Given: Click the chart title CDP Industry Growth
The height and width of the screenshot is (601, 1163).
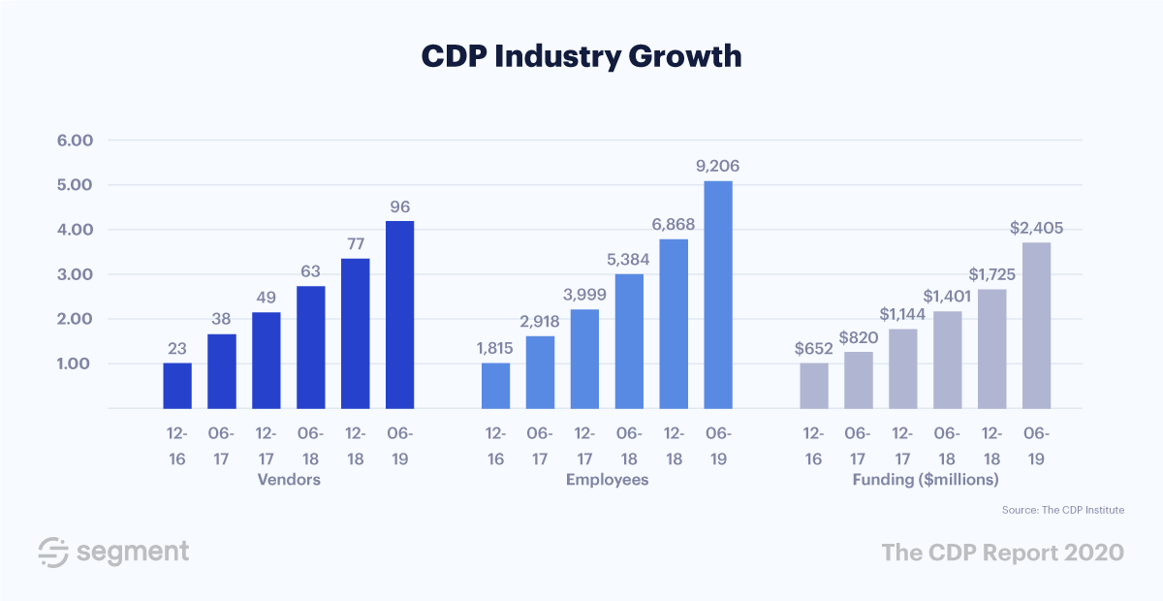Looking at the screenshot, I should click(581, 56).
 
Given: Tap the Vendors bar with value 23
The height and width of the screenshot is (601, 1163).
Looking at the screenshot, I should click(177, 386).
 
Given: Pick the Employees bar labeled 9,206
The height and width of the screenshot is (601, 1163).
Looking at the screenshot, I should click(718, 295).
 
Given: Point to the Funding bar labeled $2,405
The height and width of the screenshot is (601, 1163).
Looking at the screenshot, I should click(1036, 326).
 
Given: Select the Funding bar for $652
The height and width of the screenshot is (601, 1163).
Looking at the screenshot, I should click(814, 386).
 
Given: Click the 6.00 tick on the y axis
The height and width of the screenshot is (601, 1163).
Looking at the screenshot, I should click(75, 141).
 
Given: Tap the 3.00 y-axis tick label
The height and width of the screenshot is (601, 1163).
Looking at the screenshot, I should click(75, 274).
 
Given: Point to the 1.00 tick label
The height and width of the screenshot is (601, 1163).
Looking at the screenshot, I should click(75, 364).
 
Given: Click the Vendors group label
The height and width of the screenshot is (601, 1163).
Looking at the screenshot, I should click(289, 480).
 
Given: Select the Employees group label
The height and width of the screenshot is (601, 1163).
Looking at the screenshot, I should click(607, 480).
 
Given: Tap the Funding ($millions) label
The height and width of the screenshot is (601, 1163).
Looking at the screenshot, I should click(926, 480).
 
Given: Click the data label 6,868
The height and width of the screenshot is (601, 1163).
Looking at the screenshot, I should click(675, 224).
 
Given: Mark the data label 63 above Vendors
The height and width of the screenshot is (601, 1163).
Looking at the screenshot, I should click(311, 270).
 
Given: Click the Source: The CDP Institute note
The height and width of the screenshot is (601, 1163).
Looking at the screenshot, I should click(1063, 509).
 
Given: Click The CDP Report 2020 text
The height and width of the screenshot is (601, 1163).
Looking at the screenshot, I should click(1002, 552).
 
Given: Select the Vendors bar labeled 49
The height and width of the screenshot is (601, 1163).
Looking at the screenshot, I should click(267, 361).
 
